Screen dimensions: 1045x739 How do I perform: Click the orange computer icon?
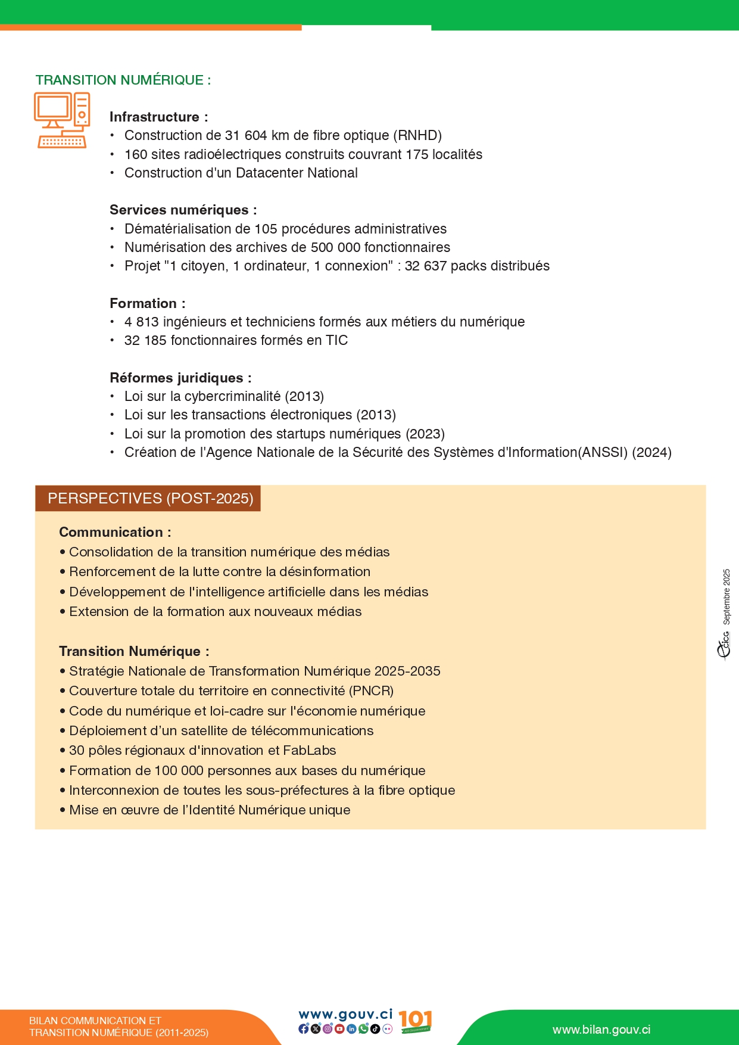pyautogui.click(x=62, y=120)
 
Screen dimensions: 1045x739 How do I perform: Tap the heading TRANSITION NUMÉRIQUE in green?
pyautogui.click(x=123, y=80)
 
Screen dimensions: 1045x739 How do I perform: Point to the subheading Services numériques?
pyautogui.click(x=183, y=210)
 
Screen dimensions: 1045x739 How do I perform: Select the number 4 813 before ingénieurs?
pyautogui.click(x=141, y=322)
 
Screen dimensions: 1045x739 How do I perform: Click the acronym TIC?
pyautogui.click(x=336, y=341)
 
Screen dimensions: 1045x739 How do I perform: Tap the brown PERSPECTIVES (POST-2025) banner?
pyautogui.click(x=150, y=499)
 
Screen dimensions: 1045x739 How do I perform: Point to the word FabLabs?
pyautogui.click(x=310, y=751)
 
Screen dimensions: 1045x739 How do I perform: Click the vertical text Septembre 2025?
pyautogui.click(x=726, y=596)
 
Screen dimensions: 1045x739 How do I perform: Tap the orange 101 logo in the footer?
pyautogui.click(x=415, y=1021)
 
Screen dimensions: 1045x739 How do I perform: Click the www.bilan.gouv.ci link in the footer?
pyautogui.click(x=601, y=1030)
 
